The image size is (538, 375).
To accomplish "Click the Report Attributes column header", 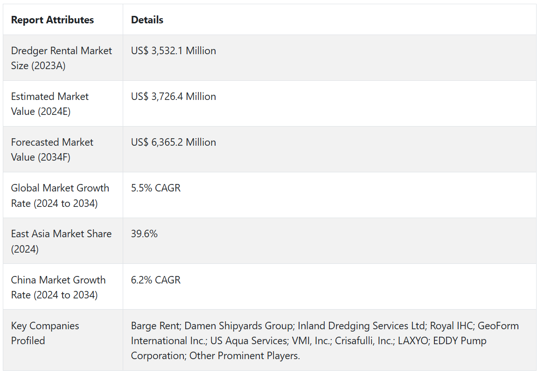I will (x=52, y=20).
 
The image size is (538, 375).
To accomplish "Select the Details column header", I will (x=147, y=20).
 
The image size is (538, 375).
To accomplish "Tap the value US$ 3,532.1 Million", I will (x=173, y=50).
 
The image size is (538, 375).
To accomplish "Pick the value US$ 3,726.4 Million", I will (x=173, y=96).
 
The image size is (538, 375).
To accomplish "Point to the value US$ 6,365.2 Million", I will (x=173, y=142).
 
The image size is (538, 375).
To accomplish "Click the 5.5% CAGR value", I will (x=155, y=188).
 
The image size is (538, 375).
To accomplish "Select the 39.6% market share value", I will (x=144, y=233).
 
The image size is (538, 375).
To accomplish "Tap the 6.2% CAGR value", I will (x=155, y=280).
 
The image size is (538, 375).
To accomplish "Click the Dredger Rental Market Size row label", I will (x=61, y=58).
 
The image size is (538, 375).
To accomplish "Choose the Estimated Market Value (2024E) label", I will (x=49, y=104).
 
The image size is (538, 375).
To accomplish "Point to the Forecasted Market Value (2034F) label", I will (x=52, y=149).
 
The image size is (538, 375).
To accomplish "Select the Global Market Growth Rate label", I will (x=60, y=195).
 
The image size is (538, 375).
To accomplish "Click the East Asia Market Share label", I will (x=61, y=241).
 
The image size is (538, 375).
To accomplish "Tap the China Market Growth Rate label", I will (x=58, y=287).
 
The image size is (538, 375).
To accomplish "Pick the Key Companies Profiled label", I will (x=45, y=333).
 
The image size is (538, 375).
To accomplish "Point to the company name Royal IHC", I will (x=451, y=325).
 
